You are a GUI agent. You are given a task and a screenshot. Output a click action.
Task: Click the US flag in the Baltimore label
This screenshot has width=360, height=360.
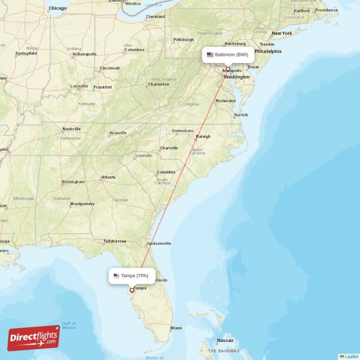coord(210,55)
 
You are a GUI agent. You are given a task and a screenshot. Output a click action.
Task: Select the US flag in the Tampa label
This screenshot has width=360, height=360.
coord(117,276)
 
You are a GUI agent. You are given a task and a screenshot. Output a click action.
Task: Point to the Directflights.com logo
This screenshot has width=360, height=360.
coord(33,338)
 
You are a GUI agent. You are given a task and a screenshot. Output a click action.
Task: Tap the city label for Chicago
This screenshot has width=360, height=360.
coord(58,8)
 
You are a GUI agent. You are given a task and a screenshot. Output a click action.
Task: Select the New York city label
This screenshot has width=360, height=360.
coord(282,33)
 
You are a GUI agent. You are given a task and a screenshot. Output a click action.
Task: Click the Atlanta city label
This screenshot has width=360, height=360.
coord(108,177)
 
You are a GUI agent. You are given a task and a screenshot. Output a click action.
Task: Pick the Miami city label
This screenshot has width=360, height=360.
coord(176,328)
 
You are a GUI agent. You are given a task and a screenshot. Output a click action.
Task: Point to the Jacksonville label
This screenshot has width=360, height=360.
coord(159,243)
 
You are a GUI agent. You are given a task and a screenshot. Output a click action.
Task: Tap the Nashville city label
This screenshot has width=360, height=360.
coord(72,129)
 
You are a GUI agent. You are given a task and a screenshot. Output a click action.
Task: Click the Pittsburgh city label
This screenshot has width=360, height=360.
coord(184,40)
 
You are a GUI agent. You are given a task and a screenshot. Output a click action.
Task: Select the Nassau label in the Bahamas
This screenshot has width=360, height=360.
coord(225,341)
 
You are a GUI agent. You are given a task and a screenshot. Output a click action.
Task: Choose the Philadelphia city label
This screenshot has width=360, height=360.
coord(268,51)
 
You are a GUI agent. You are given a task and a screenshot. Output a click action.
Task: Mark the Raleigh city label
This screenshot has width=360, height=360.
coord(203,137)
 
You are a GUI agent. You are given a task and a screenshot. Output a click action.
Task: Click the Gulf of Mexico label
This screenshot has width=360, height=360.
coord(69,325)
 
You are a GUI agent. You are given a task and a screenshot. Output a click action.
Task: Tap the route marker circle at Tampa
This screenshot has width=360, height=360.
coord(132,290)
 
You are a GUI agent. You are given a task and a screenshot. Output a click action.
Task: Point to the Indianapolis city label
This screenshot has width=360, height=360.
coord(85,54)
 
